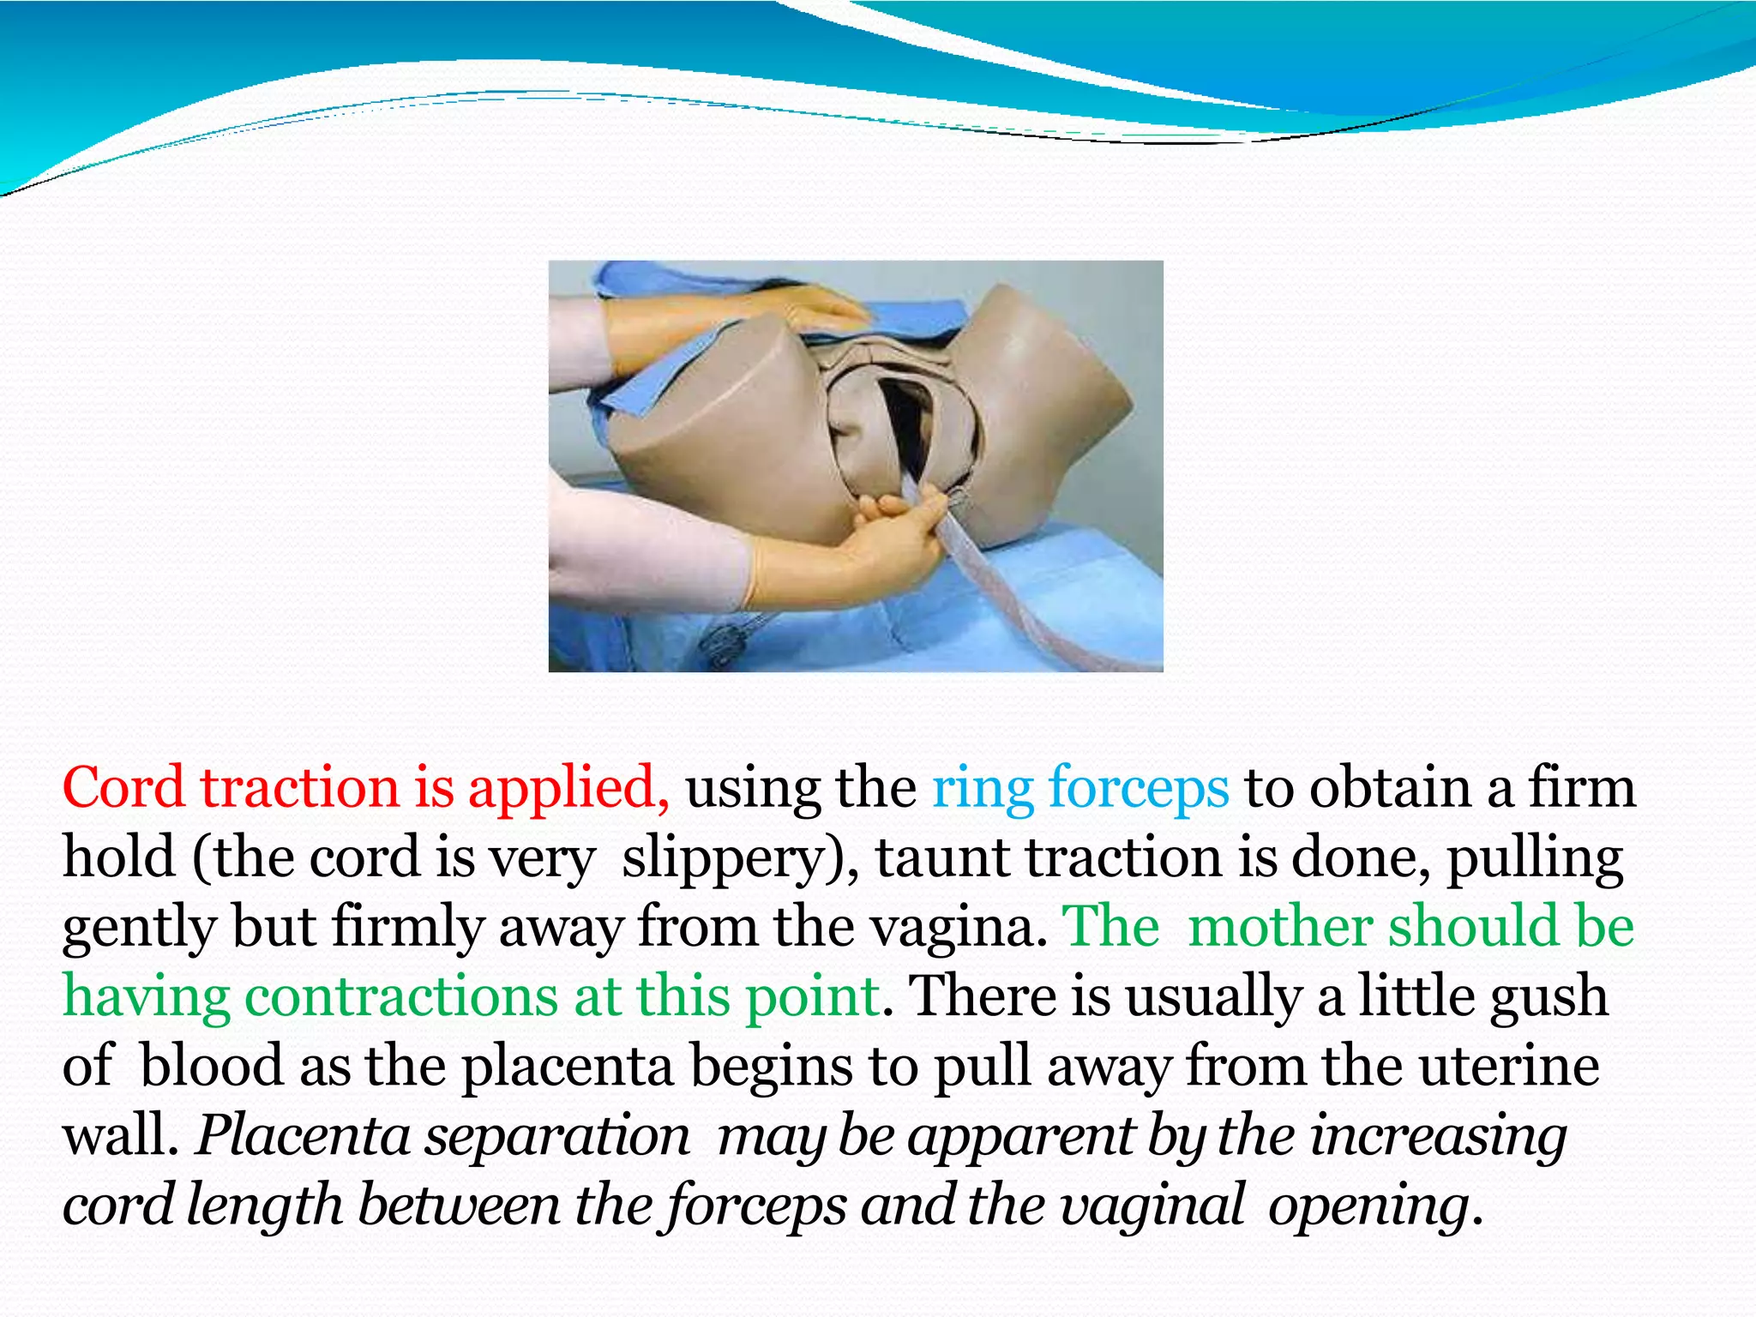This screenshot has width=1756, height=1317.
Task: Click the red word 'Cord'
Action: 123,788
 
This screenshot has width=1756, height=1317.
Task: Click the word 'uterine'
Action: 1509,1067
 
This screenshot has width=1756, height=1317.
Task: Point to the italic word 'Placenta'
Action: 304,1137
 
